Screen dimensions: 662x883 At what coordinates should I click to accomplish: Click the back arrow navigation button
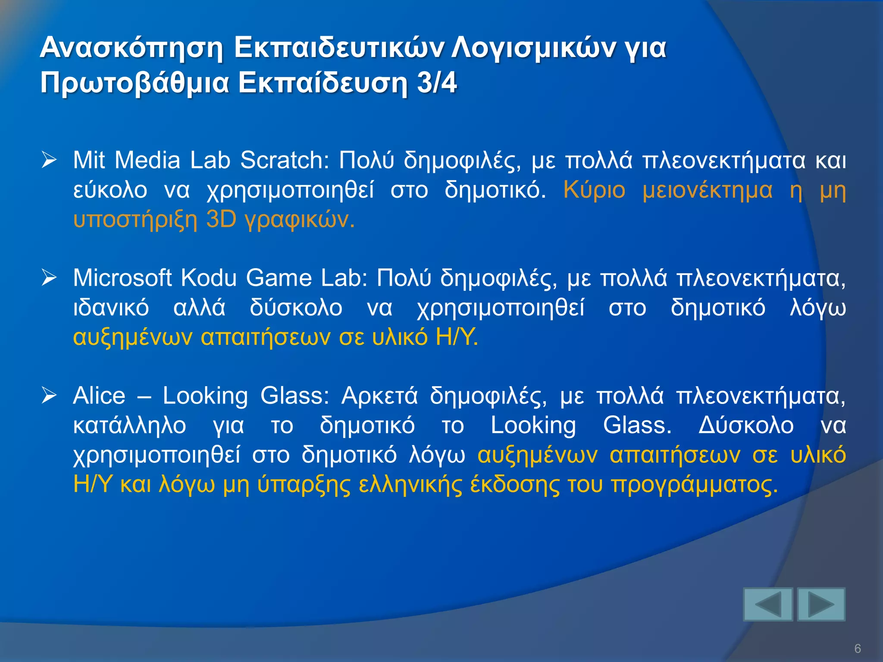click(768, 604)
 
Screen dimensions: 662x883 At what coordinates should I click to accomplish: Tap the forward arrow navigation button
click(821, 604)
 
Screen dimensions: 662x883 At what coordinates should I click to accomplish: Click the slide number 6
click(858, 648)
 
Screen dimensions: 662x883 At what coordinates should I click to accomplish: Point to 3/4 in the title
click(437, 83)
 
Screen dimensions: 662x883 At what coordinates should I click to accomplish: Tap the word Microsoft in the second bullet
click(122, 278)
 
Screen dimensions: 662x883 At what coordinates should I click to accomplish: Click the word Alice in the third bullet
click(99, 396)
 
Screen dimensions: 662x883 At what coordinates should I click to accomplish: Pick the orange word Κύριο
click(594, 190)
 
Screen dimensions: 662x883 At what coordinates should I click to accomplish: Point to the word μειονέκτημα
click(707, 190)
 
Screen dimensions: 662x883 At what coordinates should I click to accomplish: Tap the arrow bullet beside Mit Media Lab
click(49, 160)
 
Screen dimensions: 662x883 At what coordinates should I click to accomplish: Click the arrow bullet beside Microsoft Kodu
click(49, 278)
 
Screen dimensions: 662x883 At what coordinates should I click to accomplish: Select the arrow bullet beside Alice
click(49, 396)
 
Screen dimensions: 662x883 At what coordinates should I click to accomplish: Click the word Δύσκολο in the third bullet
click(745, 425)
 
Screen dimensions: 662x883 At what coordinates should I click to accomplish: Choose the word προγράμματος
click(695, 485)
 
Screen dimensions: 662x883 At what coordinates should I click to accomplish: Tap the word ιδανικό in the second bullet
click(111, 308)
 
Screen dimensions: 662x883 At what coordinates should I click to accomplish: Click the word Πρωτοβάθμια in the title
click(134, 83)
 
